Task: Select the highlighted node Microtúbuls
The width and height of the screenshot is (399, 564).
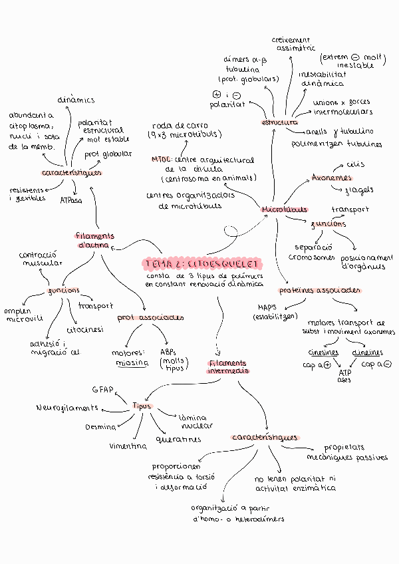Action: pyautogui.click(x=285, y=209)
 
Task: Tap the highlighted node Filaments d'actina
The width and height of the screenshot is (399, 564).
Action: pyautogui.click(x=94, y=240)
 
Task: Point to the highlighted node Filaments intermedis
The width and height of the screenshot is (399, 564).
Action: pyautogui.click(x=227, y=367)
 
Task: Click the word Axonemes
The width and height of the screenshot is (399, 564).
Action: pyautogui.click(x=332, y=178)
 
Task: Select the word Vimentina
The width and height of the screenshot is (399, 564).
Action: pyautogui.click(x=128, y=446)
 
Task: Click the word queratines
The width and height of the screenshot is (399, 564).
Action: pyautogui.click(x=178, y=440)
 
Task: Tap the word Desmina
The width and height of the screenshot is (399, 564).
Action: pyautogui.click(x=101, y=426)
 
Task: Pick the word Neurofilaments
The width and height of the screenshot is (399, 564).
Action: pyautogui.click(x=67, y=407)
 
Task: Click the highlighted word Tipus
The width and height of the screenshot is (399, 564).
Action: pyautogui.click(x=142, y=406)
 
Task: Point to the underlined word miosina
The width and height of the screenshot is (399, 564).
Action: pyautogui.click(x=132, y=363)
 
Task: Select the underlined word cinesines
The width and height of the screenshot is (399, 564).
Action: pyautogui.click(x=323, y=352)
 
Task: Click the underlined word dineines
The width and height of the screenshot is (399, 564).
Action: pyautogui.click(x=367, y=352)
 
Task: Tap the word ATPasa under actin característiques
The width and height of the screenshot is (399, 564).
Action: pyautogui.click(x=71, y=200)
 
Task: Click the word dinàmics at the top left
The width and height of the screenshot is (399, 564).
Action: pyautogui.click(x=75, y=100)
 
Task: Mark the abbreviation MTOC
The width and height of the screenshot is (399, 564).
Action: pyautogui.click(x=161, y=160)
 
